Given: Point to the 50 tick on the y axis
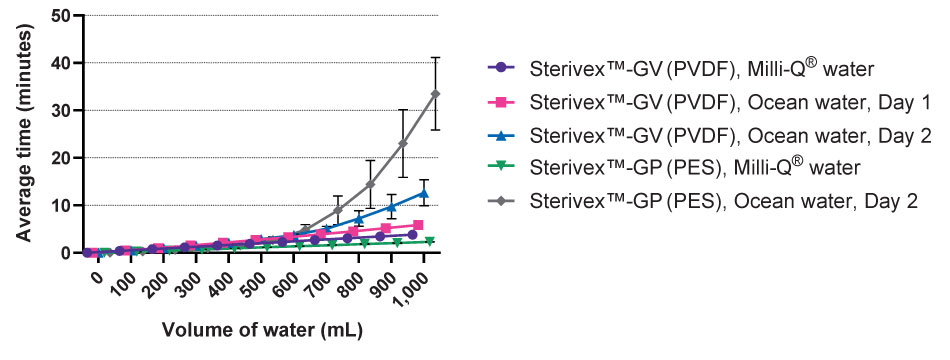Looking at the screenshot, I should point(62,16).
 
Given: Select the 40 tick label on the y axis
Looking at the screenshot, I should point(62,63).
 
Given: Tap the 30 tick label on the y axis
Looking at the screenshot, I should point(62,110).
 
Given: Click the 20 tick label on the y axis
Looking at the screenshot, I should point(62,158).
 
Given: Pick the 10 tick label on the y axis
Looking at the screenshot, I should point(62,205).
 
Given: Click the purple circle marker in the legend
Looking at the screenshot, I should point(501,68).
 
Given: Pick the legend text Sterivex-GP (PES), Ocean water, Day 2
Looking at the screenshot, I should point(724,199).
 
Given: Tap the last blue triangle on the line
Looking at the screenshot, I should point(424,193).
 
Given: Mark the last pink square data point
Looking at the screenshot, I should point(418,225).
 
